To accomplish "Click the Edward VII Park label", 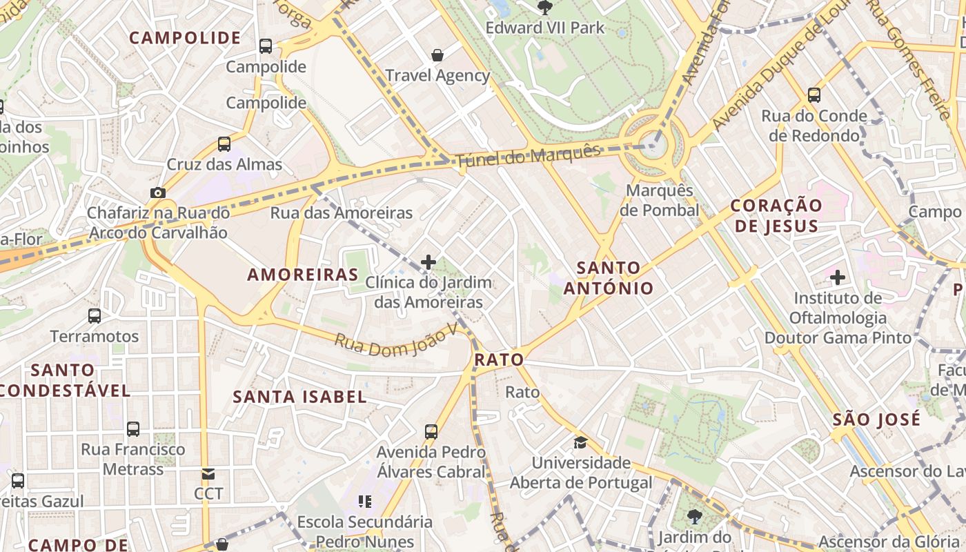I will pyautogui.click(x=544, y=28).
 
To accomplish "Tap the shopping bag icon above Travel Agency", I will pyautogui.click(x=437, y=55).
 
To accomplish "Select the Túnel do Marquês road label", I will pyautogui.click(x=527, y=156).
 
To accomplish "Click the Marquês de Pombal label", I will pyautogui.click(x=659, y=200).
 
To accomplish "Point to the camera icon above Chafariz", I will pyautogui.click(x=158, y=193).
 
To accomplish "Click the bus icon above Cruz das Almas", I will pyautogui.click(x=224, y=144).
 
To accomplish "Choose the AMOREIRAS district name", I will pyautogui.click(x=303, y=275).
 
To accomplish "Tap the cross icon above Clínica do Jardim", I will pyautogui.click(x=428, y=262).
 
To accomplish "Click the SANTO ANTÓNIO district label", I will pyautogui.click(x=608, y=277).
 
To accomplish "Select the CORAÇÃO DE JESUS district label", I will pyautogui.click(x=776, y=215).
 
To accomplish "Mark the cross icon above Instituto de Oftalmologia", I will pyautogui.click(x=838, y=277).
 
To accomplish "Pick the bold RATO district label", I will pyautogui.click(x=499, y=360).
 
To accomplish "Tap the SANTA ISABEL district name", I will pyautogui.click(x=299, y=397).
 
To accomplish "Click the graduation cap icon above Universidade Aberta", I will pyautogui.click(x=580, y=442).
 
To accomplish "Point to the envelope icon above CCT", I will pyautogui.click(x=208, y=474).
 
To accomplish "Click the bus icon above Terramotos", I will pyautogui.click(x=95, y=316).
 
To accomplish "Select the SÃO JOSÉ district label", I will pyautogui.click(x=876, y=420).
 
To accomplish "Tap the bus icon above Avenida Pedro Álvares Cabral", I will pyautogui.click(x=431, y=432).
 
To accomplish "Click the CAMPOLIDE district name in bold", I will pyautogui.click(x=185, y=38).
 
